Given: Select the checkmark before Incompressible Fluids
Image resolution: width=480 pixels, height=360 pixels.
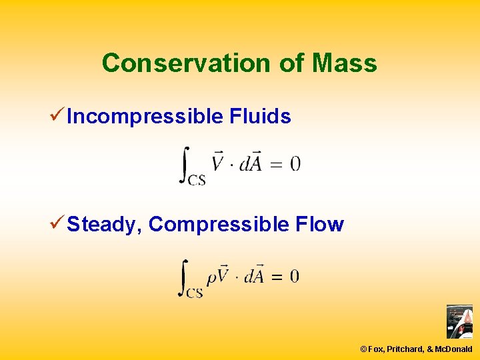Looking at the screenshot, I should click(x=57, y=116).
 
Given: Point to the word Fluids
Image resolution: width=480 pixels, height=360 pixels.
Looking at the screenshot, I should click(x=260, y=117).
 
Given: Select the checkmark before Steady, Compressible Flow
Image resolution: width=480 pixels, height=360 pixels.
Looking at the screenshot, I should click(x=57, y=224).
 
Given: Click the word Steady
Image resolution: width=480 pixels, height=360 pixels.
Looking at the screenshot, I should click(x=101, y=225).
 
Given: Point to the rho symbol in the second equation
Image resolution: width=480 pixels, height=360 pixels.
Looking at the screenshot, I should click(x=211, y=278).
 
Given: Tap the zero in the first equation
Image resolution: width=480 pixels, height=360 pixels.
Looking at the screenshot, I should click(x=295, y=163).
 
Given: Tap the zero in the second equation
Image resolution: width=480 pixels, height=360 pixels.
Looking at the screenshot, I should click(x=294, y=276).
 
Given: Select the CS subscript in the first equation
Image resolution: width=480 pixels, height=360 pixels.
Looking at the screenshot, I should click(x=196, y=179).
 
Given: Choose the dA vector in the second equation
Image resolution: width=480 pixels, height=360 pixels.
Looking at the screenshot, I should click(x=253, y=275).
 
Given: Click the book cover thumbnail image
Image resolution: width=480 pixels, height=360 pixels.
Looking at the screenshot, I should click(x=459, y=322).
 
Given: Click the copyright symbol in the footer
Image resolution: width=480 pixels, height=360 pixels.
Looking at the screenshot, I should click(x=363, y=349).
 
